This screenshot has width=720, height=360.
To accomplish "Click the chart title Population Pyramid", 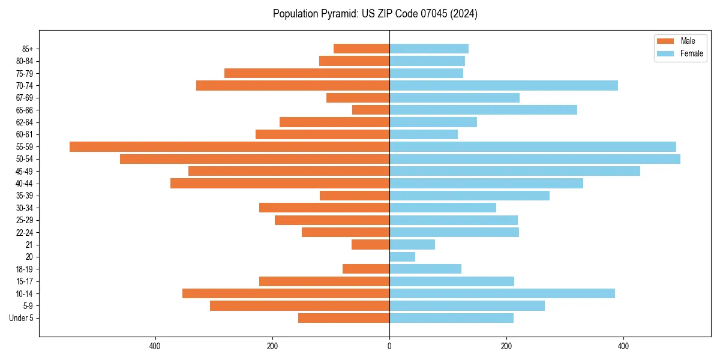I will click(x=375, y=14).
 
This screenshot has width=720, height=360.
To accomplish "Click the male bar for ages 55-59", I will click(x=229, y=146).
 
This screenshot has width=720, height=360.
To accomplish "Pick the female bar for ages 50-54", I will click(x=535, y=159).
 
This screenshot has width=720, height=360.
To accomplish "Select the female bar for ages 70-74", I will click(x=503, y=85).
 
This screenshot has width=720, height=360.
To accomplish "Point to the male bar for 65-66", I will click(x=371, y=110).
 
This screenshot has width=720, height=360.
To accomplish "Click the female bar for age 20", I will click(x=402, y=257).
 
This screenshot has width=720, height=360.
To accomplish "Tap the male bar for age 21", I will click(x=370, y=245).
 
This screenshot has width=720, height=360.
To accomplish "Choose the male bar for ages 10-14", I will click(x=286, y=293).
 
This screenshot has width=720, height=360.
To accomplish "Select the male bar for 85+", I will click(x=361, y=49).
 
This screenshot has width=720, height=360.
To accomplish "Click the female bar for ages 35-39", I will click(x=469, y=196).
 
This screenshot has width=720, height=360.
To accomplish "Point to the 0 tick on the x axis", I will click(x=389, y=346).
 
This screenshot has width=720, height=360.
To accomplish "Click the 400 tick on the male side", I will click(x=155, y=346).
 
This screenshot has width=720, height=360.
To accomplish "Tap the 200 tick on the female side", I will click(x=506, y=346).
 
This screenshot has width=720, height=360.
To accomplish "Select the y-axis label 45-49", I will click(x=25, y=171).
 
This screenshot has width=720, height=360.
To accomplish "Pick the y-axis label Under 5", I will click(x=21, y=318).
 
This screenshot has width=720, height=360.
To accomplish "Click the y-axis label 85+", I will click(x=27, y=49).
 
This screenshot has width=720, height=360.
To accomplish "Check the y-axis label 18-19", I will click(x=25, y=269).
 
